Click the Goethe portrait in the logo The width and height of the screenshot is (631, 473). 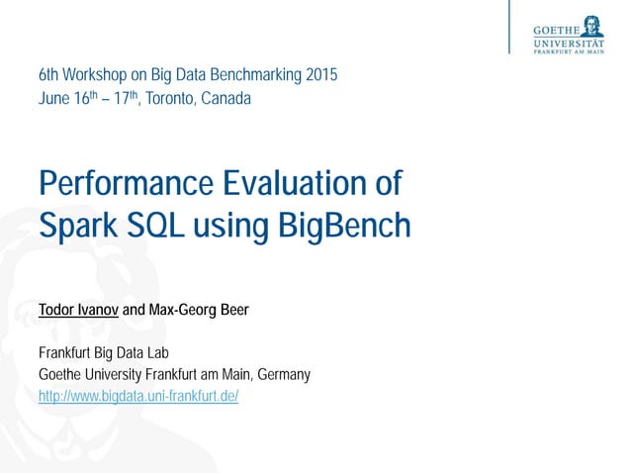click(x=594, y=25)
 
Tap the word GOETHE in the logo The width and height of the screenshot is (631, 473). click(x=556, y=30)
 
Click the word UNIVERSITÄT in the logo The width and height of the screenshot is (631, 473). click(x=569, y=43)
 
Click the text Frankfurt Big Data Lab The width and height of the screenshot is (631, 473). click(x=105, y=353)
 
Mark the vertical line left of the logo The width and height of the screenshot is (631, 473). click(x=511, y=27)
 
